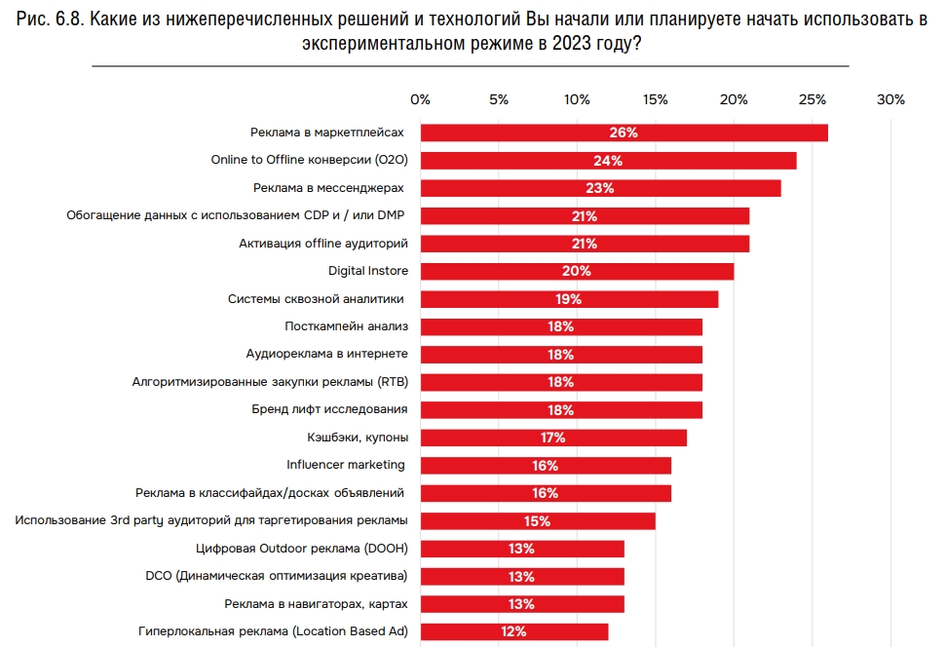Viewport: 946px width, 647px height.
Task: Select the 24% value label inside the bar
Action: (608, 161)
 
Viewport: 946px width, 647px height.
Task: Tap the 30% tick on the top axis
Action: (890, 99)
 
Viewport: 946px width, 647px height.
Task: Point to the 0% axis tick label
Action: (420, 99)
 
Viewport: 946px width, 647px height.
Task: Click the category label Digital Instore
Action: (367, 271)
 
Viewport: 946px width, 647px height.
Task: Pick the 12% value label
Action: (513, 631)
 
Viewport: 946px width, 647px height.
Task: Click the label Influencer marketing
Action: (346, 465)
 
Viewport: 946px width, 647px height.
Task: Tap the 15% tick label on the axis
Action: (656, 99)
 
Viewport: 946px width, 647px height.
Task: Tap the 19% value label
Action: (568, 299)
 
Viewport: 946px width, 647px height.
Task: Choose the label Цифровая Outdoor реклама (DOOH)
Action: (301, 549)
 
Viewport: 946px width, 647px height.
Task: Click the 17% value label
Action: (552, 438)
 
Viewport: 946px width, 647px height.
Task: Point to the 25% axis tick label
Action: (813, 99)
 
